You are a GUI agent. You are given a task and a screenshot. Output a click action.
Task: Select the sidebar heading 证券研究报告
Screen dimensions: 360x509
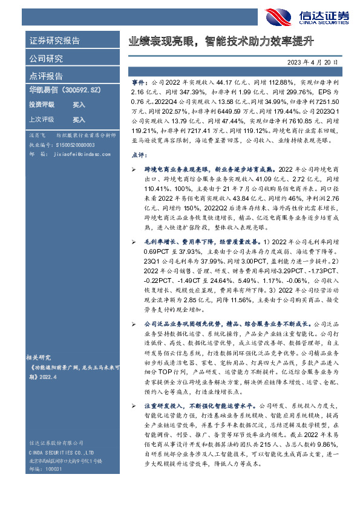click(54, 41)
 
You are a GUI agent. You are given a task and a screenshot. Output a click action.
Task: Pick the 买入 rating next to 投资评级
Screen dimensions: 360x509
click(79, 105)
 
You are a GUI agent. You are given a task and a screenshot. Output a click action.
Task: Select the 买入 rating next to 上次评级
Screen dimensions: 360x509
click(79, 120)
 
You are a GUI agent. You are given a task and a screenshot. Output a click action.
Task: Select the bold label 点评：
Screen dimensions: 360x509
click(138, 155)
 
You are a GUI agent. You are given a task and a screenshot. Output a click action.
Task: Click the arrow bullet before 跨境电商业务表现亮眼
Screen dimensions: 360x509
click(134, 170)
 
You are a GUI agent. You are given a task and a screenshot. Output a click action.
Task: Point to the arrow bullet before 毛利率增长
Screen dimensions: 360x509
click(134, 241)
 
